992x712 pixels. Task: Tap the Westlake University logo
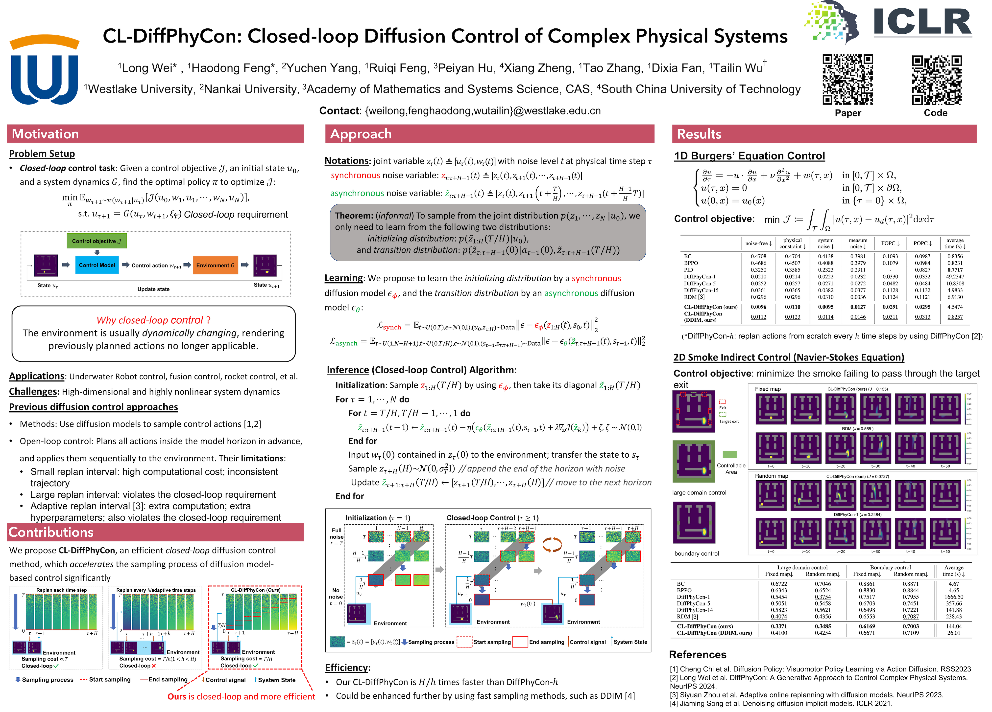(44, 70)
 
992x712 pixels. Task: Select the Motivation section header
(46, 134)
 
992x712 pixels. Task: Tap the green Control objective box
(97, 241)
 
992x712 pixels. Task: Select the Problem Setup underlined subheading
(42, 154)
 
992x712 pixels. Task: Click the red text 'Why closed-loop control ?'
(153, 320)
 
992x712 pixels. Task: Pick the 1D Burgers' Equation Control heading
(749, 156)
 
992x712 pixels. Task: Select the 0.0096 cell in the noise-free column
(758, 307)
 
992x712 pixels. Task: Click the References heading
(698, 654)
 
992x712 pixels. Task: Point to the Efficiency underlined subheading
(347, 667)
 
